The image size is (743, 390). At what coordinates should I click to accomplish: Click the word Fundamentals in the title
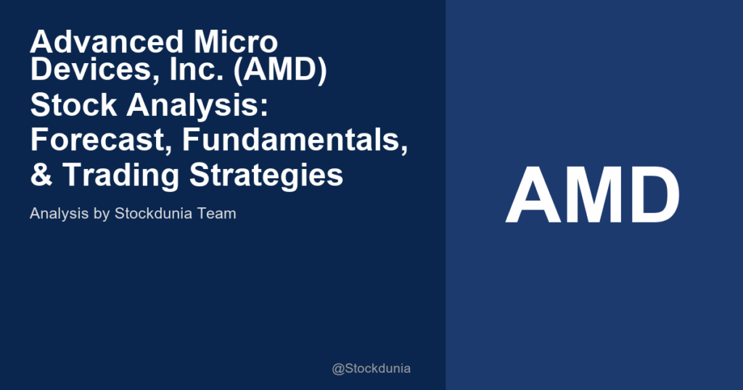(295, 140)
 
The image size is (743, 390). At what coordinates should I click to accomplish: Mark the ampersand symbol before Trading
(41, 174)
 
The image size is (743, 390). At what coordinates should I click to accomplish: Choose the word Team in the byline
(218, 215)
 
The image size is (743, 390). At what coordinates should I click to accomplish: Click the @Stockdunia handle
(371, 368)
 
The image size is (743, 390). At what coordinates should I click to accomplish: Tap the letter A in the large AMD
(535, 196)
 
